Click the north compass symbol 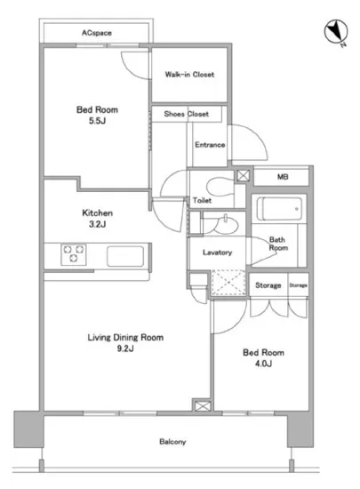(x=336, y=32)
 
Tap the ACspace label (x=97, y=33)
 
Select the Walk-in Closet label (x=189, y=75)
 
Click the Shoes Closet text (x=187, y=114)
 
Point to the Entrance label (x=210, y=145)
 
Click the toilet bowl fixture (x=220, y=187)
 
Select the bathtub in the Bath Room (x=279, y=209)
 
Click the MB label (x=283, y=177)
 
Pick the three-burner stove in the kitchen (x=74, y=254)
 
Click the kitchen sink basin (x=125, y=256)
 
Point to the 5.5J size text (x=97, y=121)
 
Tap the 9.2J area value (x=125, y=349)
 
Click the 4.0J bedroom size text (x=263, y=364)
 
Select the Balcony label (x=172, y=442)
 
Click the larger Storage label (x=268, y=285)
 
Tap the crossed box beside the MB (x=244, y=175)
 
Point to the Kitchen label (x=97, y=213)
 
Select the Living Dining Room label (x=125, y=338)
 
